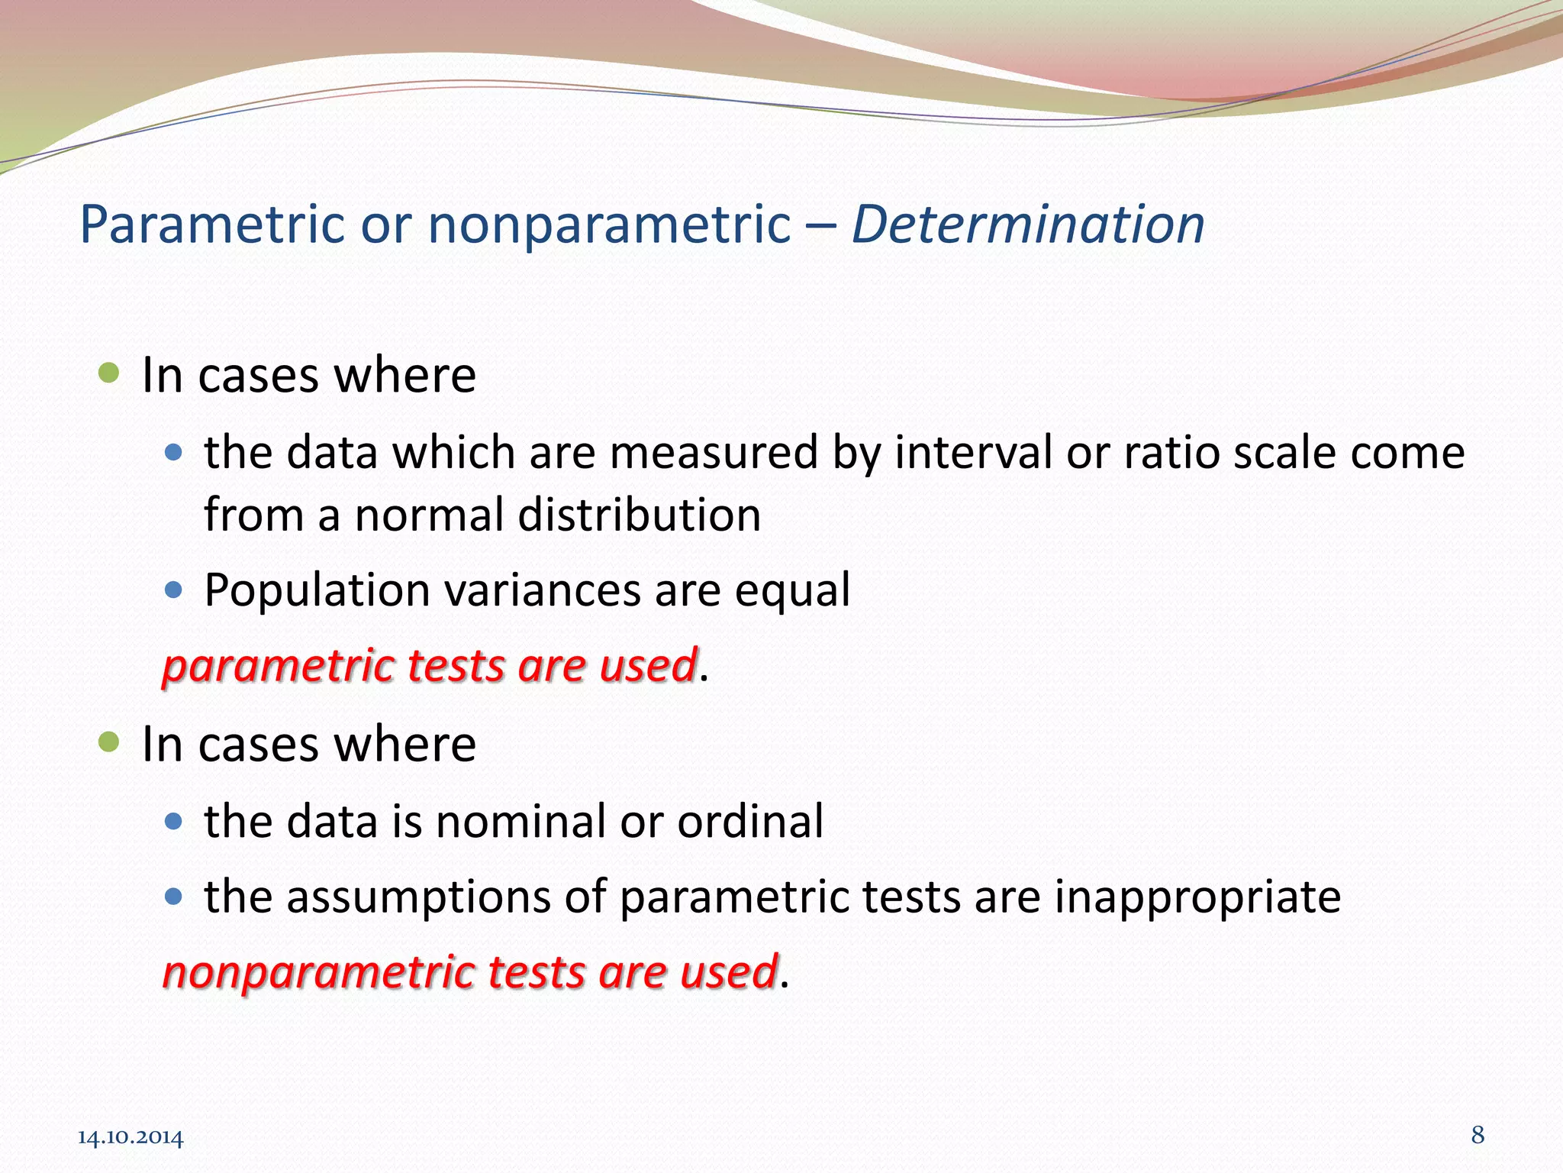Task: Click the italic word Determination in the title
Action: (1027, 225)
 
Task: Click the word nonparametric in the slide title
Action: (608, 225)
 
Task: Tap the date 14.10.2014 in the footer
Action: (131, 1138)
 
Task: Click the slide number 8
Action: (1478, 1135)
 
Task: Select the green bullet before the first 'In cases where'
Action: (109, 373)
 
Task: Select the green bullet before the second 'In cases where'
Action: (109, 742)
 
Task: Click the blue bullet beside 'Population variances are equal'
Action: (174, 590)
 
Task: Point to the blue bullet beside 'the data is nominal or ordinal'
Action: (174, 821)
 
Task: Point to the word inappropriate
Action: (1197, 897)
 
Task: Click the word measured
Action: (713, 451)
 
